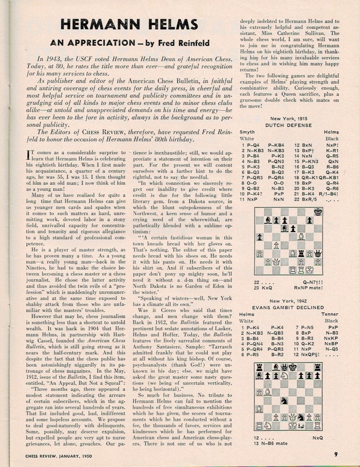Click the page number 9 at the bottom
coord(335,454)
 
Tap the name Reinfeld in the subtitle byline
coord(192,43)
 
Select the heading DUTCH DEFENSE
coord(288,125)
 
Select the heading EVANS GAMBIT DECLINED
coord(288,307)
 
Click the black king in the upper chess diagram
coord(318,212)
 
